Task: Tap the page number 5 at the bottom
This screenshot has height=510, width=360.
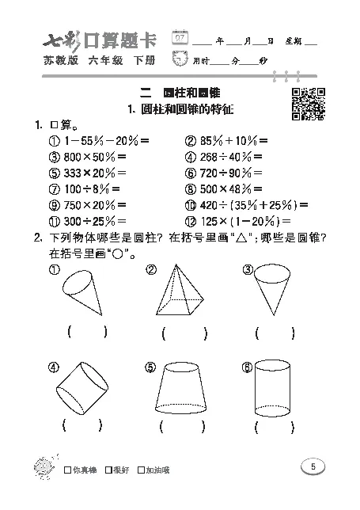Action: click(313, 467)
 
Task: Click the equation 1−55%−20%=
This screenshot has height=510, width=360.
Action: click(99, 140)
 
